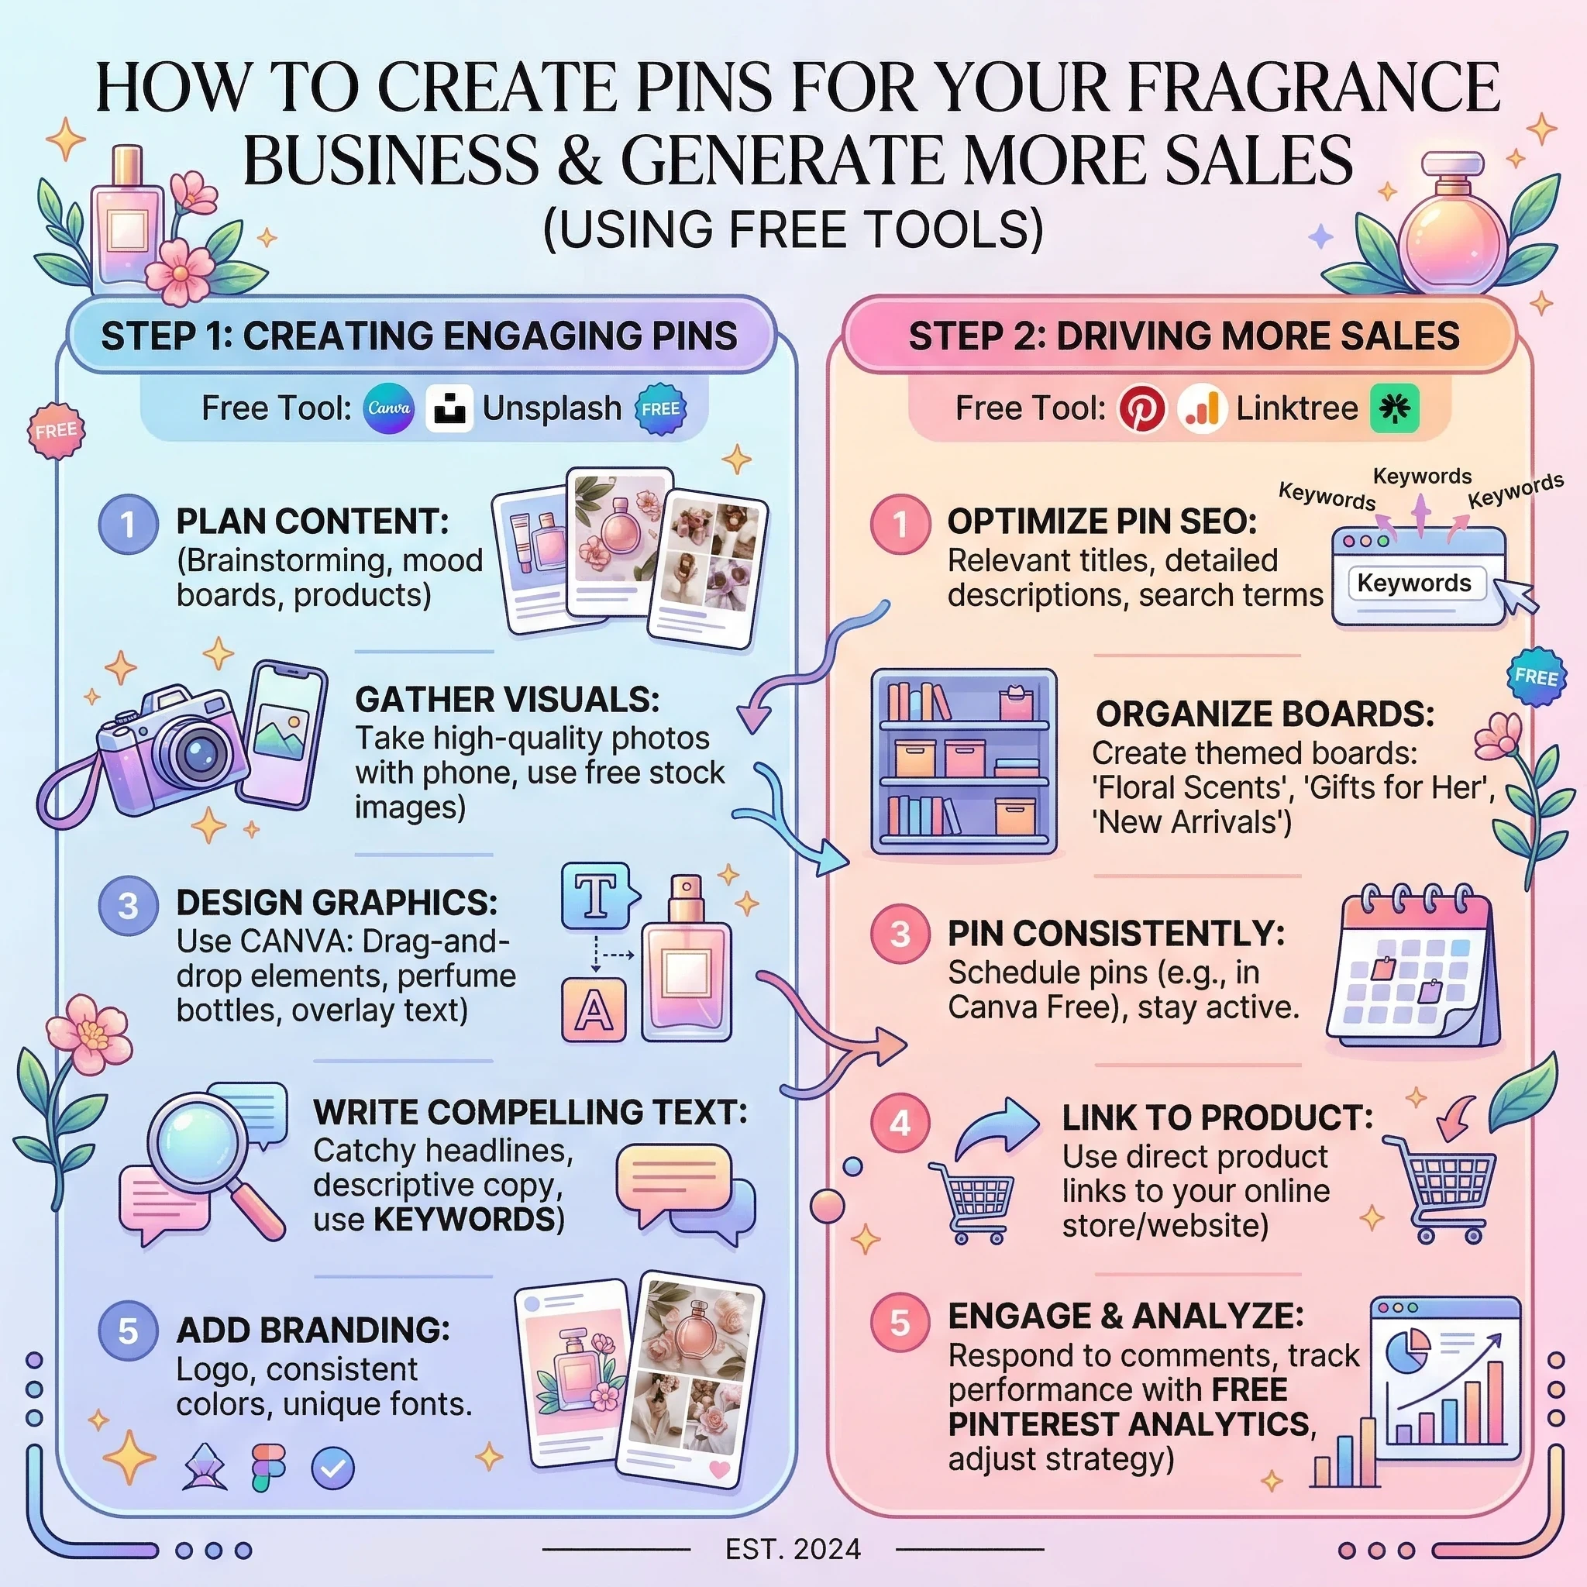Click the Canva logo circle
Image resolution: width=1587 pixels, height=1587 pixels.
[x=388, y=408]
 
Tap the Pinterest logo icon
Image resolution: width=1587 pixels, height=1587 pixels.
[x=1141, y=408]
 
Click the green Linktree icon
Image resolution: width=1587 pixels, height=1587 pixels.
[x=1395, y=408]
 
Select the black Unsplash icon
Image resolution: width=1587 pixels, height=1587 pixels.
[x=449, y=408]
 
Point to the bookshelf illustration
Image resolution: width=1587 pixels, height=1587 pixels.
[x=963, y=763]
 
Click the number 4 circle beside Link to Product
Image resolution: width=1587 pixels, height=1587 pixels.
[x=900, y=1123]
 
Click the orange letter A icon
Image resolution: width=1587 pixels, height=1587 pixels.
[x=594, y=1010]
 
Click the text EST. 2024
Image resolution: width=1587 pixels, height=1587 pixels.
[x=793, y=1549]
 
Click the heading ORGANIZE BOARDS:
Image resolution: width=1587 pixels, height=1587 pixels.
[x=1265, y=714]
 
